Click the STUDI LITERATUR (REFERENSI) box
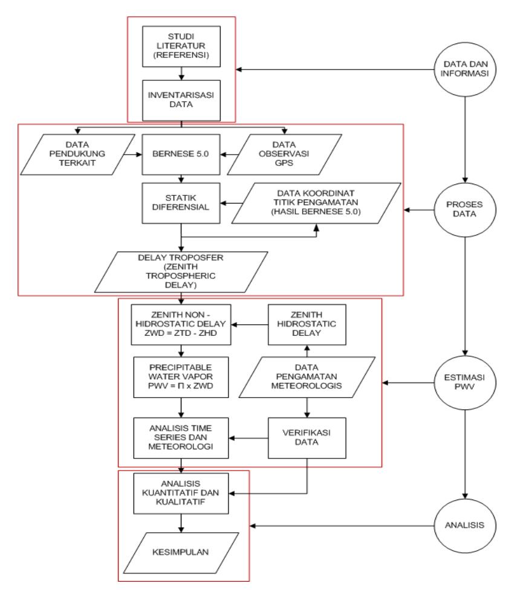(181, 47)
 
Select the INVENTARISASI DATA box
(181, 100)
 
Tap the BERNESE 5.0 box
(181, 155)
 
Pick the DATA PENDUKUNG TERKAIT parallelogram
(77, 155)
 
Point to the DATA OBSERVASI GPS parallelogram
(284, 155)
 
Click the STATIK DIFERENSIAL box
(181, 203)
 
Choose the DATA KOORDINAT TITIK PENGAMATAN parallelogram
(316, 203)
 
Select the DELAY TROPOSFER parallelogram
(181, 272)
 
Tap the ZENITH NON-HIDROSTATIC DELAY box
(181, 324)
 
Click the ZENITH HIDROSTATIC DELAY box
(307, 324)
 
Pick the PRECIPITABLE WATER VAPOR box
(181, 377)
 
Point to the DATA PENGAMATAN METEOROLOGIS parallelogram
(307, 377)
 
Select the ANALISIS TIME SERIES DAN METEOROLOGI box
(181, 438)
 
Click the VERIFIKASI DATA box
(307, 438)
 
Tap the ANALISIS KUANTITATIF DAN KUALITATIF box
(181, 494)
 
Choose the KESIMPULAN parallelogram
(181, 553)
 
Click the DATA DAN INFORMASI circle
(465, 69)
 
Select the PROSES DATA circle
(465, 210)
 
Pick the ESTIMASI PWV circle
(465, 382)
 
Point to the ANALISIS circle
(465, 526)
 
